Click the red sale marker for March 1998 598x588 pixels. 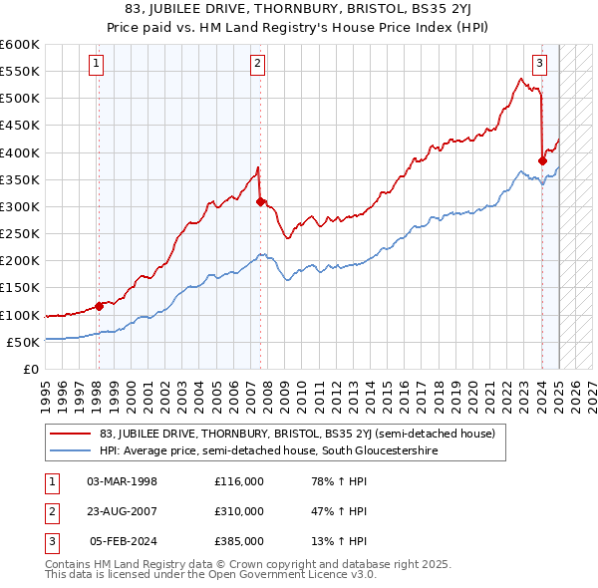coord(99,306)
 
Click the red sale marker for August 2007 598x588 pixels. coord(260,201)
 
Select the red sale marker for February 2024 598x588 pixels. coord(542,160)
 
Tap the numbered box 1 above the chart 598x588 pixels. coord(97,65)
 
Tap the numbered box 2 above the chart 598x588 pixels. coord(257,65)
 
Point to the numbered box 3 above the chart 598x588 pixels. coord(539,65)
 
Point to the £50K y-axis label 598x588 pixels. coord(23,342)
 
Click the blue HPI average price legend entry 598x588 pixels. coord(268,450)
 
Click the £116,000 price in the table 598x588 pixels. coord(239,481)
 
